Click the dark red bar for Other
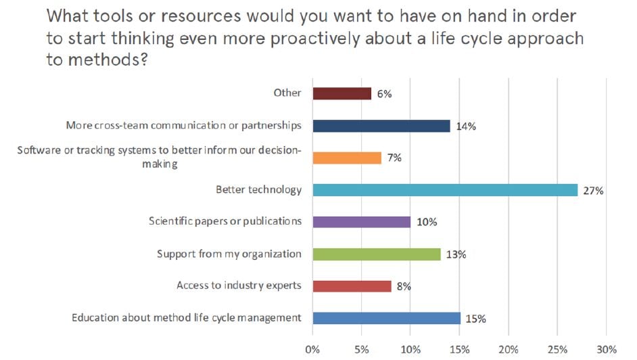341,93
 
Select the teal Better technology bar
445,190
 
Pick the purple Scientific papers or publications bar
361,222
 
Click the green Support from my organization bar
376,254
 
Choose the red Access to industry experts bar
352,286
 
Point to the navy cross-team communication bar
381,126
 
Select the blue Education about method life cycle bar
386,318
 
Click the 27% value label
594,191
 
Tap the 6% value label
384,94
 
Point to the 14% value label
464,127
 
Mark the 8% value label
403,287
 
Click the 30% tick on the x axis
606,349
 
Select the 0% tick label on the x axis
312,349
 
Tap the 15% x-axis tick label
459,349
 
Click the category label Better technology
258,189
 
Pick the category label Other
288,93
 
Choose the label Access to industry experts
239,286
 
